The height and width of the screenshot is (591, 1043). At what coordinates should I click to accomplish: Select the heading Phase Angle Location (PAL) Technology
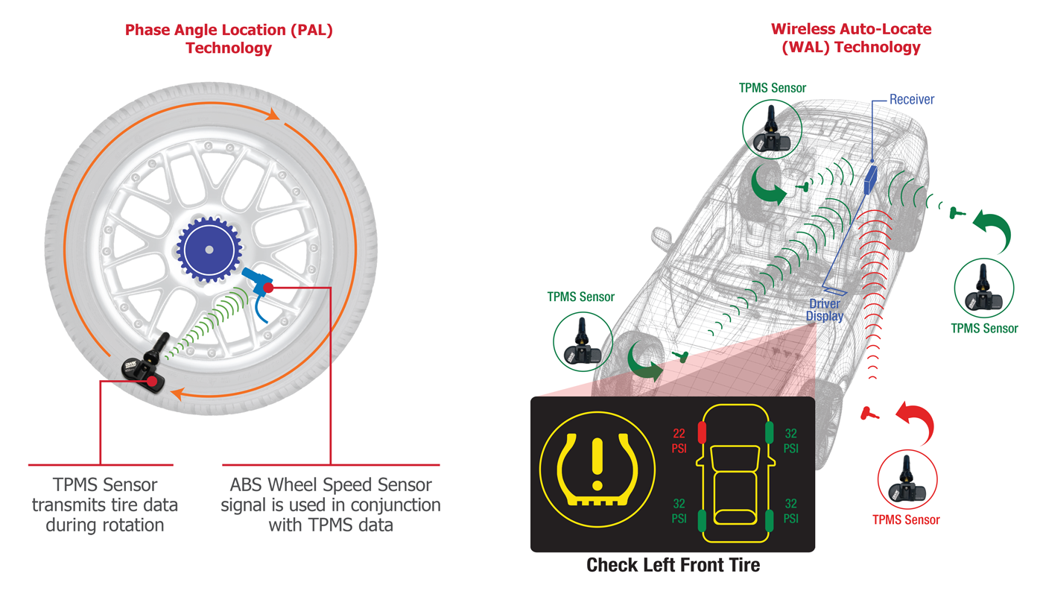(x=229, y=39)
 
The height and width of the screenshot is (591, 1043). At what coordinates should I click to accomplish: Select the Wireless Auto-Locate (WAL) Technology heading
(x=851, y=38)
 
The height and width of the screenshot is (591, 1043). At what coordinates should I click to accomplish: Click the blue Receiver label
(x=912, y=99)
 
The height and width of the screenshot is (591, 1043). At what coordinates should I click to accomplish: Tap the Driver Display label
(x=825, y=310)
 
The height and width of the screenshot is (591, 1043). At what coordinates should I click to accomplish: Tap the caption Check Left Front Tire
(x=673, y=565)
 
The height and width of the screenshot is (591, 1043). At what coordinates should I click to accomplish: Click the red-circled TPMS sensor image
(x=907, y=480)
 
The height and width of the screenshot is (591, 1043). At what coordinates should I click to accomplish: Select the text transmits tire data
(x=104, y=505)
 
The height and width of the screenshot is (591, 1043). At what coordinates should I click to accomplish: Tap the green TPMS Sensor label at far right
(x=983, y=328)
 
